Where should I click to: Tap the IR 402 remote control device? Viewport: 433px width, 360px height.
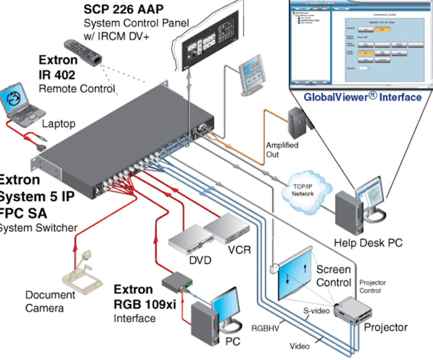coord(83,51)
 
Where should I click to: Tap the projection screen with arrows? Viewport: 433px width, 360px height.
coord(296,274)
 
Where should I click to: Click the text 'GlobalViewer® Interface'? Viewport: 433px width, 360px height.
coord(362,97)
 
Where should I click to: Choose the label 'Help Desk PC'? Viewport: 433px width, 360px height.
coord(368,243)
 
